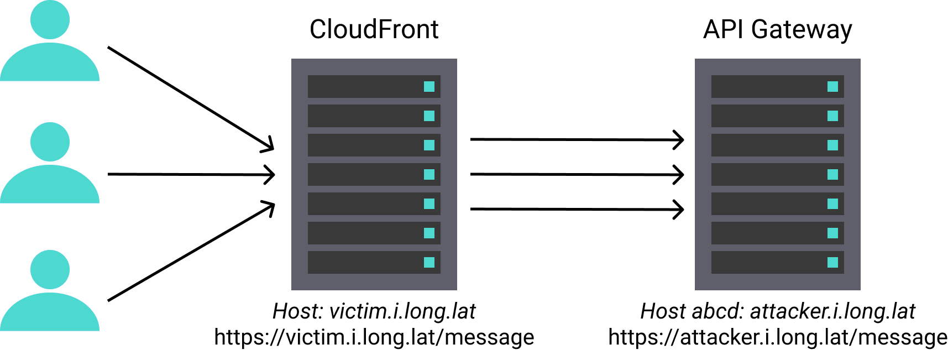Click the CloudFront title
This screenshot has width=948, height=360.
(374, 29)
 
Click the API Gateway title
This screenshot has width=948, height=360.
(777, 29)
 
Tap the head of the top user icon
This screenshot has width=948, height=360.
(50, 20)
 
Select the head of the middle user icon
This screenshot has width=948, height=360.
(50, 142)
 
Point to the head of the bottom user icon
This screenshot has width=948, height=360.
(50, 270)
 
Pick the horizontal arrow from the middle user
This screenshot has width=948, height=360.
(191, 175)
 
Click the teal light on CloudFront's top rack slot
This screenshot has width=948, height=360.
(429, 87)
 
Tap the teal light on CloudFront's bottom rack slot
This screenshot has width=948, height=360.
(429, 263)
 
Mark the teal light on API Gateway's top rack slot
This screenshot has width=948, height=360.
(832, 87)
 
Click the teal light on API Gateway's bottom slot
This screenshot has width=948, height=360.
(832, 263)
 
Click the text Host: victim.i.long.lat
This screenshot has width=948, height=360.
(374, 311)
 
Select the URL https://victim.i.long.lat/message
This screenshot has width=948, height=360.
(374, 337)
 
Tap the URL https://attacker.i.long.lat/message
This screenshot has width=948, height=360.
(777, 337)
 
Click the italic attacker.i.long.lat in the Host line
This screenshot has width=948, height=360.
(832, 311)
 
